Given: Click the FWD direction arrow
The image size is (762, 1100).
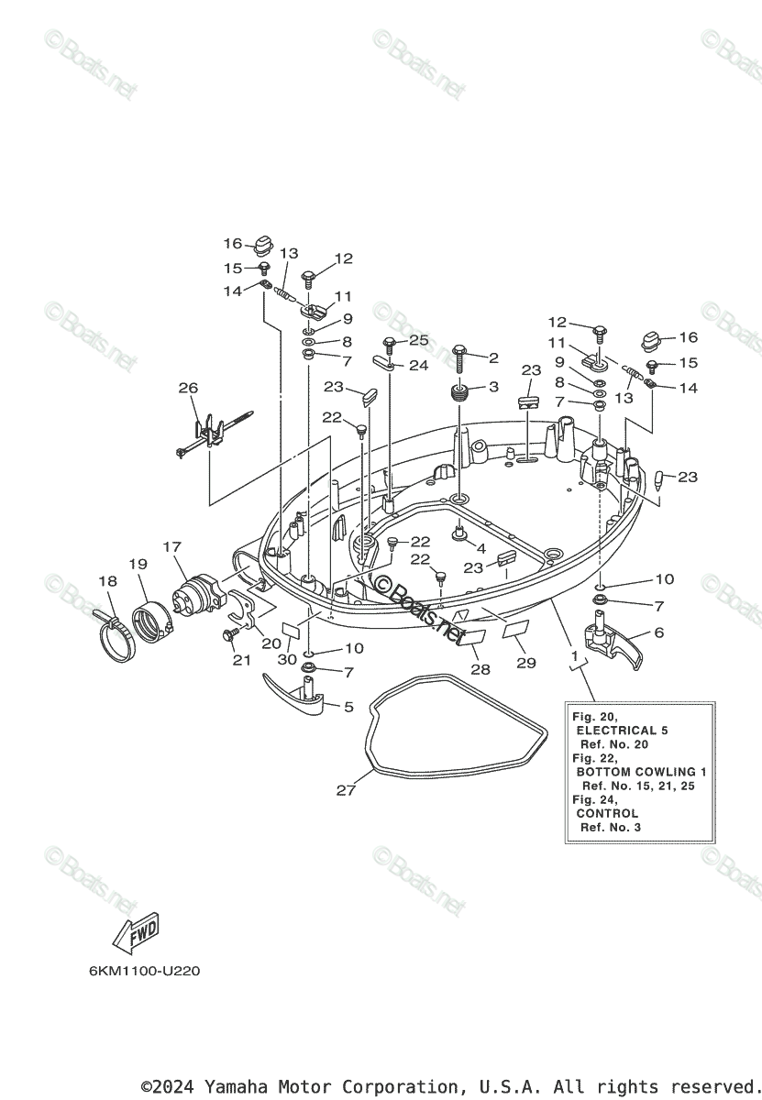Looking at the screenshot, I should click(x=135, y=932).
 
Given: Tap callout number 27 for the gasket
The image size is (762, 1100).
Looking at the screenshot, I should click(x=345, y=789).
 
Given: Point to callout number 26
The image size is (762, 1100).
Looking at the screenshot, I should click(x=188, y=388).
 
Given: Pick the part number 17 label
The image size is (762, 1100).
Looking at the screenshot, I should click(x=171, y=547).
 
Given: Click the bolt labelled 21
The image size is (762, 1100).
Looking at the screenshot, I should click(x=228, y=634).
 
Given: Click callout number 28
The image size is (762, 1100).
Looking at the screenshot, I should click(x=480, y=670).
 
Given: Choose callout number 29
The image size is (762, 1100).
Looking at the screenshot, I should click(x=525, y=663).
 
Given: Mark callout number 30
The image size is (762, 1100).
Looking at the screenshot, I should click(x=287, y=659).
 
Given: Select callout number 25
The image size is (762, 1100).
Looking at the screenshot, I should click(x=418, y=340).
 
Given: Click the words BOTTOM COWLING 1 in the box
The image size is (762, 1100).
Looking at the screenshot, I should click(x=642, y=772).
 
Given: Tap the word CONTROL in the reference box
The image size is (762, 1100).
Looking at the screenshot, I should click(x=607, y=813).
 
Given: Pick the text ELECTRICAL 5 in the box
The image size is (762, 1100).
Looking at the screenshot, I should click(x=622, y=731).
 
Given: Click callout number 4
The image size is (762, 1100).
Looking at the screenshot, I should click(x=480, y=548).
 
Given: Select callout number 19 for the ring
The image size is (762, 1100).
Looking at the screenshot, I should click(x=138, y=565).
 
